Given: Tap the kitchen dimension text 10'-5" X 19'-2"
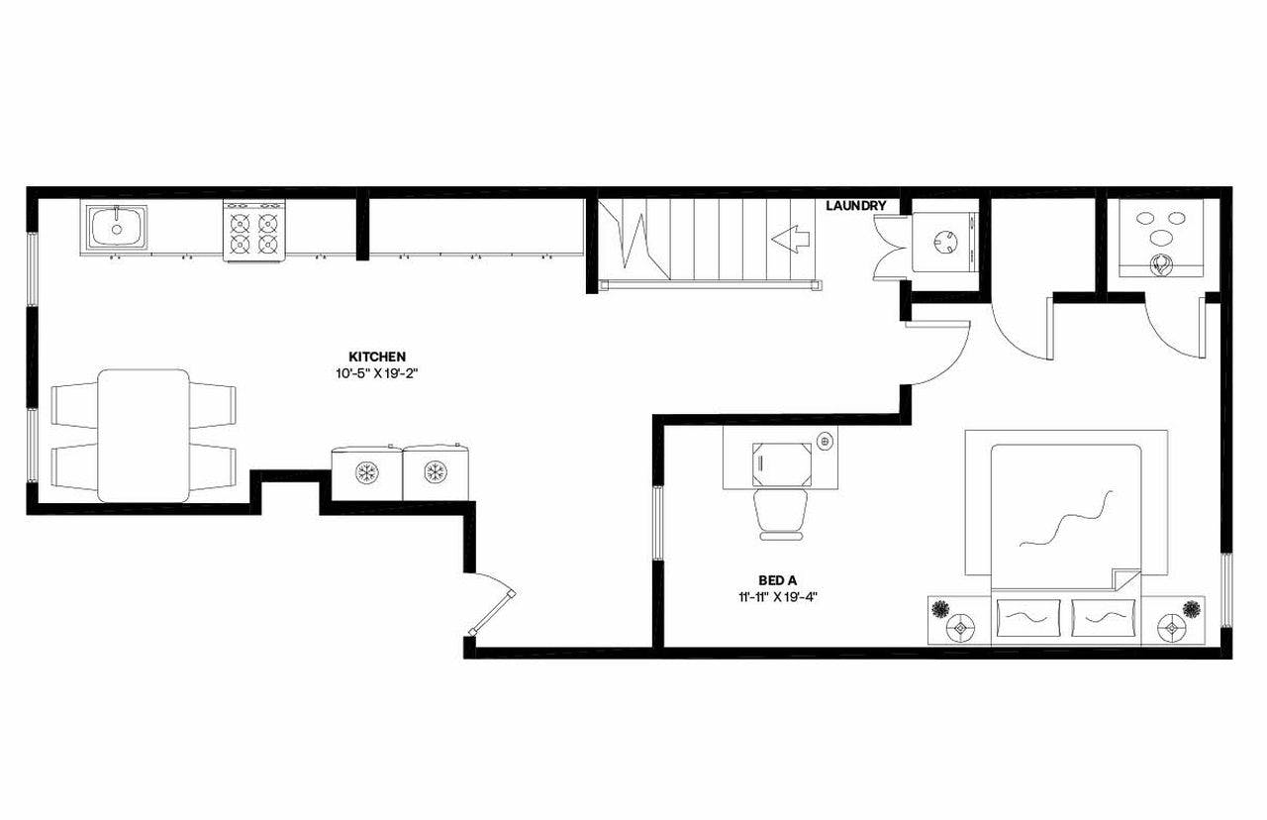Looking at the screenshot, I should coord(377,374).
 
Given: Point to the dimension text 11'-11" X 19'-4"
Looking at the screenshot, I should coord(775,596).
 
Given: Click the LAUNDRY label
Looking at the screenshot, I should coord(855,206).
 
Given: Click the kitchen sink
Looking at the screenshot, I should coord(116,228).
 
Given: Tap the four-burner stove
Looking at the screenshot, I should coord(253,232).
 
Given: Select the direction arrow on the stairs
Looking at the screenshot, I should coord(791,240).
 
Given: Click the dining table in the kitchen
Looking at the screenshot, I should coord(144,435).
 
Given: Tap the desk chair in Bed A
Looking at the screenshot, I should coord(781,513).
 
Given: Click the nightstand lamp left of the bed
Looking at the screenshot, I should coord(958,628).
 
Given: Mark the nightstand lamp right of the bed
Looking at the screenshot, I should coord(1172,628).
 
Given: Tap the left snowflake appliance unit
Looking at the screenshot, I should coord(366,472).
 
